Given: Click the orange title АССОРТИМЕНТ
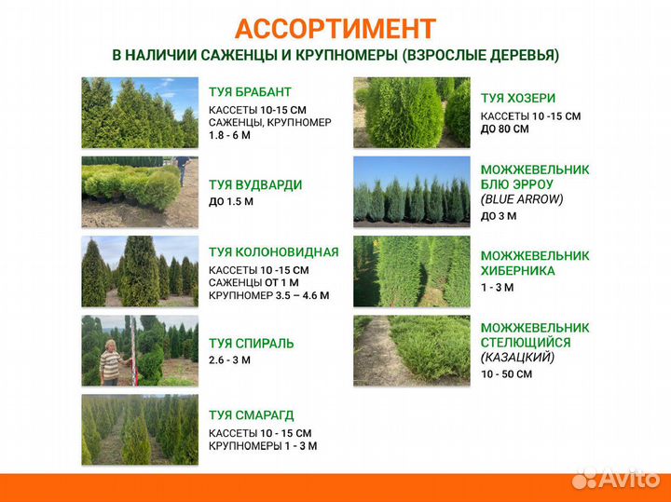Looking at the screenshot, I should tap(335, 29).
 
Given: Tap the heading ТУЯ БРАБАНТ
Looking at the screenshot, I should tap(250, 92).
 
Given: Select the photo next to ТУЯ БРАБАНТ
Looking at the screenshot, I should tap(140, 113).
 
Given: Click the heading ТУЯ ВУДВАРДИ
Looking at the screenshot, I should tap(255, 185).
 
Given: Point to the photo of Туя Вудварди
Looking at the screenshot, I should tap(140, 192).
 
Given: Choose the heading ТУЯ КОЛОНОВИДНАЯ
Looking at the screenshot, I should tap(273, 251).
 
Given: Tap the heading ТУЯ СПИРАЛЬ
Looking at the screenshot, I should tap(250, 343).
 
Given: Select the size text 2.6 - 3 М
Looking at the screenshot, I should tap(229, 360).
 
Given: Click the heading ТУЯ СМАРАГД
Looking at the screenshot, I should tap(251, 415).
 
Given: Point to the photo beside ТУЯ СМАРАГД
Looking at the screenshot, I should tap(140, 429).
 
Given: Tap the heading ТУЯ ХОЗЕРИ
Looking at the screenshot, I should tap(518, 98).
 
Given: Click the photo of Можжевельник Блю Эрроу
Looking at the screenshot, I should tap(411, 192).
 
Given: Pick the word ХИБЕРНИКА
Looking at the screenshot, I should tap(517, 271).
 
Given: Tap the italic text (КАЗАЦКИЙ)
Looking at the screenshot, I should tap(517, 357).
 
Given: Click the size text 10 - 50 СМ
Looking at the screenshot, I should tap(506, 373).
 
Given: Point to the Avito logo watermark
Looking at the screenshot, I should tap(616, 480).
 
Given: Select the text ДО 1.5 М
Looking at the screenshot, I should tap(231, 201).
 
